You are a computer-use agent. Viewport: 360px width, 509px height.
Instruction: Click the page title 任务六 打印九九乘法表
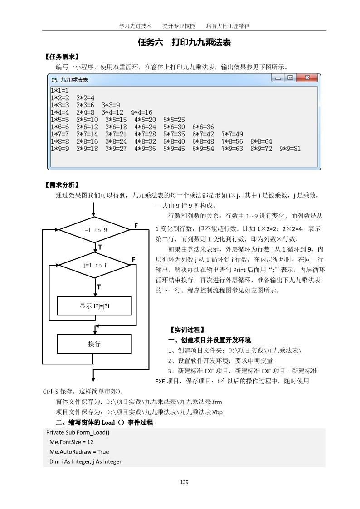click(184, 43)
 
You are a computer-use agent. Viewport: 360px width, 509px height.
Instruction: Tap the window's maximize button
click(291, 78)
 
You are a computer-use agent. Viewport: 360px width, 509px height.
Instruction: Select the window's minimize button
click(278, 78)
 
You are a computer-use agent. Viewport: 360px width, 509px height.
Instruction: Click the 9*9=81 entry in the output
click(290, 149)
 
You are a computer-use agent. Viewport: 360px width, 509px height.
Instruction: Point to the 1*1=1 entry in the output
click(59, 90)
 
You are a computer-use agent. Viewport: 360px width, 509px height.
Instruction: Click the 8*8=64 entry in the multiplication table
click(261, 141)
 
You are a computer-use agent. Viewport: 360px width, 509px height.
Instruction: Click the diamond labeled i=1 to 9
click(94, 230)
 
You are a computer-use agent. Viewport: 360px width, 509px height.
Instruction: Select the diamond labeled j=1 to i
click(95, 265)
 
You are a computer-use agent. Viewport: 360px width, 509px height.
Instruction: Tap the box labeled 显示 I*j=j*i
click(94, 306)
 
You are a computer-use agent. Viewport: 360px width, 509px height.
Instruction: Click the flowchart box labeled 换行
click(94, 344)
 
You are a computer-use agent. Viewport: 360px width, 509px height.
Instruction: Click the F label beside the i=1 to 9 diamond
click(136, 225)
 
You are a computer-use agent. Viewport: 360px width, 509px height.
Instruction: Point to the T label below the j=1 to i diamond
click(99, 287)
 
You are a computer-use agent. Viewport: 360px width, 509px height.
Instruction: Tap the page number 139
click(184, 482)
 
